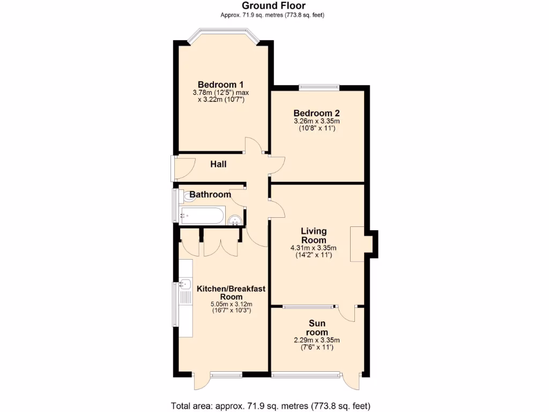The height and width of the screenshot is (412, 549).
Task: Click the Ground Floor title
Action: pyautogui.click(x=274, y=6)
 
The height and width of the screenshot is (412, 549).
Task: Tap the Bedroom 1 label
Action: pyautogui.click(x=221, y=85)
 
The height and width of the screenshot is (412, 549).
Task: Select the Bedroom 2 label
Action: pyautogui.click(x=316, y=113)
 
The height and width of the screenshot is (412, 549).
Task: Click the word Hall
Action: pyautogui.click(x=218, y=164)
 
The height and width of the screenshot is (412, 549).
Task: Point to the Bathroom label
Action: pyautogui.click(x=210, y=194)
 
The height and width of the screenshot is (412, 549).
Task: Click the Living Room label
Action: pyautogui.click(x=314, y=236)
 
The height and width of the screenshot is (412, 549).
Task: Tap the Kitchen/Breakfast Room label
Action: pyautogui.click(x=231, y=292)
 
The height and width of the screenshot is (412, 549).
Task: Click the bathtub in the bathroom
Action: pyautogui.click(x=202, y=216)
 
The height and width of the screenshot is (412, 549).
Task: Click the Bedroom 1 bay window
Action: pyautogui.click(x=224, y=33)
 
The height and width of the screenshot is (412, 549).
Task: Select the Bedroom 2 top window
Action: pyautogui.click(x=319, y=86)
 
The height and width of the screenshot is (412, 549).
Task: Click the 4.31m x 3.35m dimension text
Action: pyautogui.click(x=314, y=248)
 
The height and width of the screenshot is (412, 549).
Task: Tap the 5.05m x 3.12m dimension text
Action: pyautogui.click(x=231, y=304)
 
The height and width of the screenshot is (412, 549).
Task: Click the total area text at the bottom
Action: pyautogui.click(x=271, y=406)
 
